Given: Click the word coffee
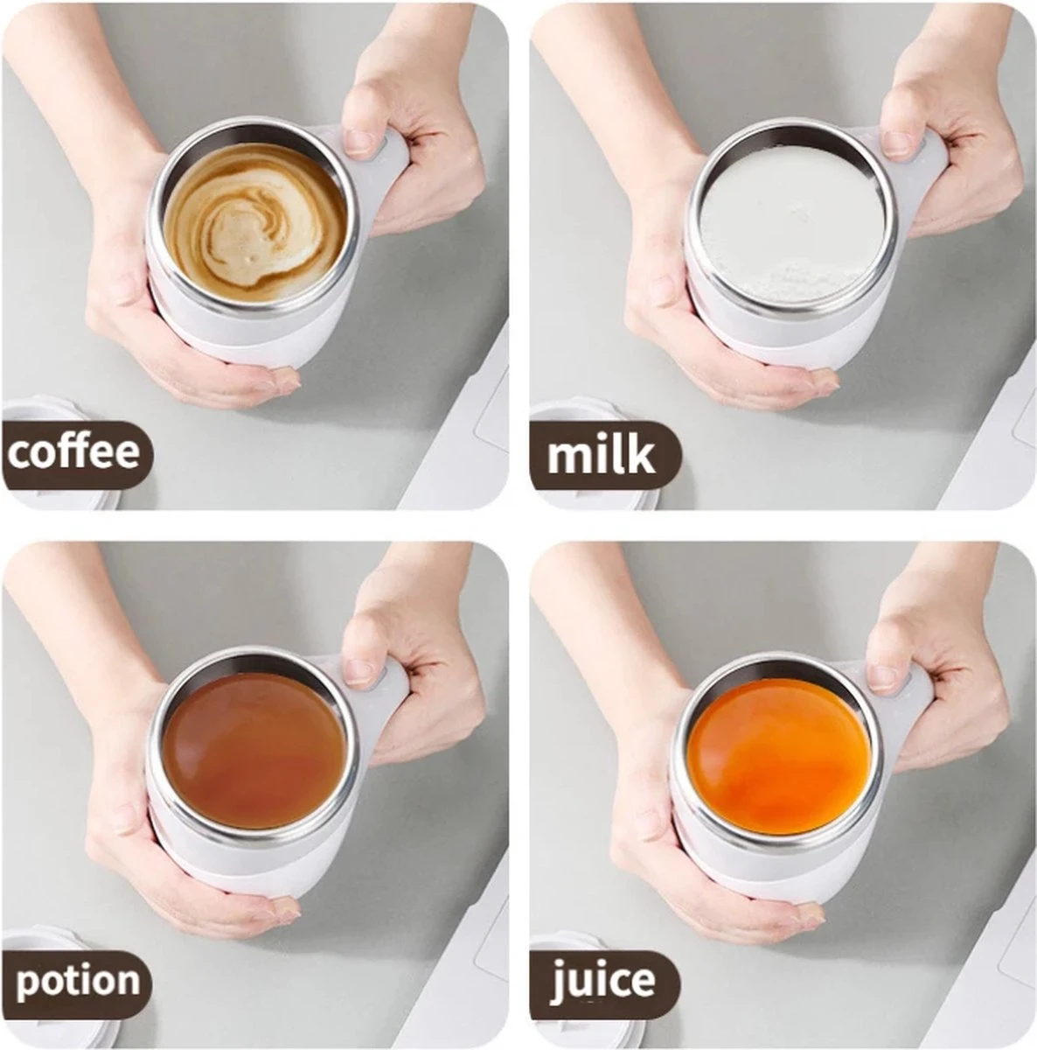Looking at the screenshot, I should point(74,452).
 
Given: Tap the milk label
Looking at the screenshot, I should point(601,456).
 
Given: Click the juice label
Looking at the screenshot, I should point(603,981).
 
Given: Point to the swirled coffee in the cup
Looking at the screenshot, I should point(254,223).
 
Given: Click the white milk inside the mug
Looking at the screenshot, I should point(792,224).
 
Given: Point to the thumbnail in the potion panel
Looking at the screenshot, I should point(358,670).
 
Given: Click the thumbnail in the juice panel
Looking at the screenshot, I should point(884,675).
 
